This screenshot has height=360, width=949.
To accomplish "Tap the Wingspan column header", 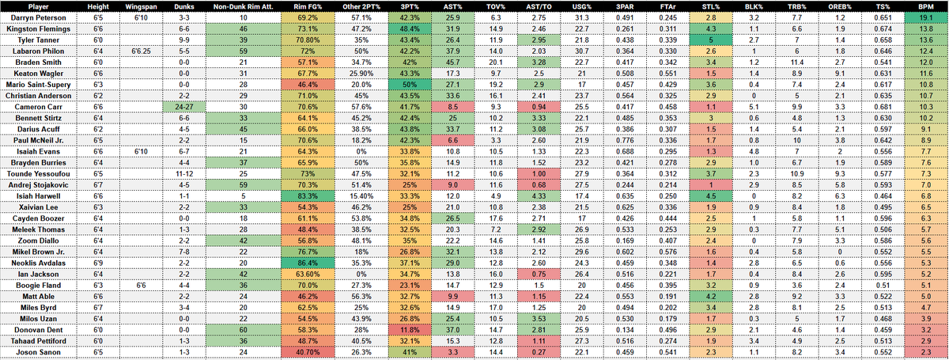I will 140,6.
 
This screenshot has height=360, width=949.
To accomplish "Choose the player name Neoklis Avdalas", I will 43,261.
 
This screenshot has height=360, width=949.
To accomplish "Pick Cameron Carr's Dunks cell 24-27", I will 183,105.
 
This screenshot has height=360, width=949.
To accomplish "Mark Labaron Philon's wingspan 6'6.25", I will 140,50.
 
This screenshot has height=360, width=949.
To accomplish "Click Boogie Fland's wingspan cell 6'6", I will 140,283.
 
